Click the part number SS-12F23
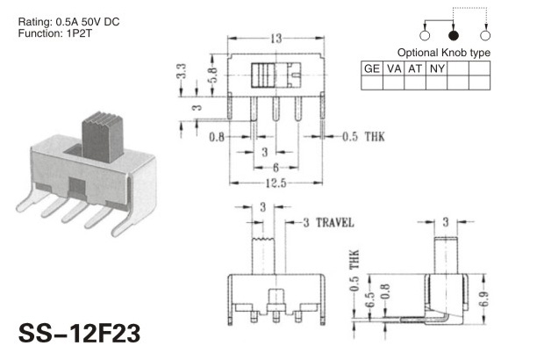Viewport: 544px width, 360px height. pos(80,334)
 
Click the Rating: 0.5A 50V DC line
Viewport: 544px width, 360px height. pos(68,22)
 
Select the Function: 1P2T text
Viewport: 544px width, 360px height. pos(54,33)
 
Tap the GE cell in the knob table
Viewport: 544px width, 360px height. pos(372,68)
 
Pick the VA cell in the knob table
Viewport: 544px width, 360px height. pos(393,68)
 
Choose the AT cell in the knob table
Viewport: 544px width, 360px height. pos(415,68)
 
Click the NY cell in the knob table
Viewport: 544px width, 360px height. pos(437,68)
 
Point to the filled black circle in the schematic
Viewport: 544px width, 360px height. pos(454,35)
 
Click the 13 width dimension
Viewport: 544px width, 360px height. pos(276,39)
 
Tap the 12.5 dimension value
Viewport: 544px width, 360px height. pos(276,183)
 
